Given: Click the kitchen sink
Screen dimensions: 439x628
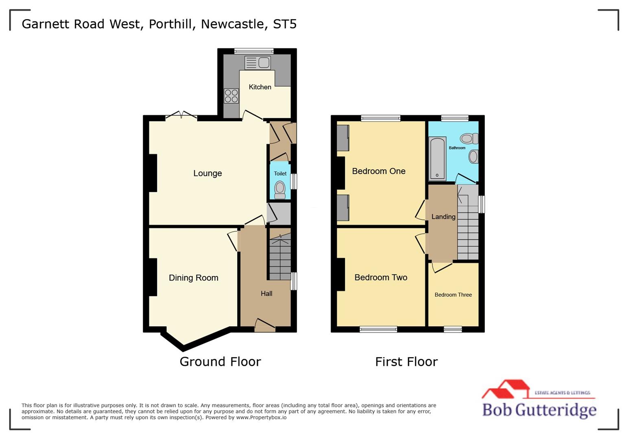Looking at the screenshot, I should tap(257, 63).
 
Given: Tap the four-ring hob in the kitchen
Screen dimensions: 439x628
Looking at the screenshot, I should tap(231, 96).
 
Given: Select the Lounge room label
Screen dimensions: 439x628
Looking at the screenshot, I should tap(207, 173).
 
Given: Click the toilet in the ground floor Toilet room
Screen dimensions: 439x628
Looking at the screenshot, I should tap(280, 189).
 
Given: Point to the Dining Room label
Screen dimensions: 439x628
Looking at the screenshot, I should tap(194, 278).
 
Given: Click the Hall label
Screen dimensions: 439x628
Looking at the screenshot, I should tap(266, 293).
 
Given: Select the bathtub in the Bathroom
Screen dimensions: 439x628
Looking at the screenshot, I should tap(438, 159).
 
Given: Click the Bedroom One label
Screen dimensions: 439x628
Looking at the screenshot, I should tap(379, 171).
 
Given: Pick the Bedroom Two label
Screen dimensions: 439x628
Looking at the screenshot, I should tap(381, 277).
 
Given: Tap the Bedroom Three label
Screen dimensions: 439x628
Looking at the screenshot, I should tap(453, 295).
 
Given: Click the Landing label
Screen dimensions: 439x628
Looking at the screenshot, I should tap(443, 217).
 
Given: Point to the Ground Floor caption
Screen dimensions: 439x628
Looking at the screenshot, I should tap(220, 361).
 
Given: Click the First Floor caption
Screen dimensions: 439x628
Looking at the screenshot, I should tap(406, 361).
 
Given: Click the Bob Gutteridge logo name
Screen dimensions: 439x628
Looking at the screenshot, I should tap(539, 409).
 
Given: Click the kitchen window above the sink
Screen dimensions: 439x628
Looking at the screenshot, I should tap(254, 51).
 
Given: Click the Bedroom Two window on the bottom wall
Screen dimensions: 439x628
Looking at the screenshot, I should tap(378, 329).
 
